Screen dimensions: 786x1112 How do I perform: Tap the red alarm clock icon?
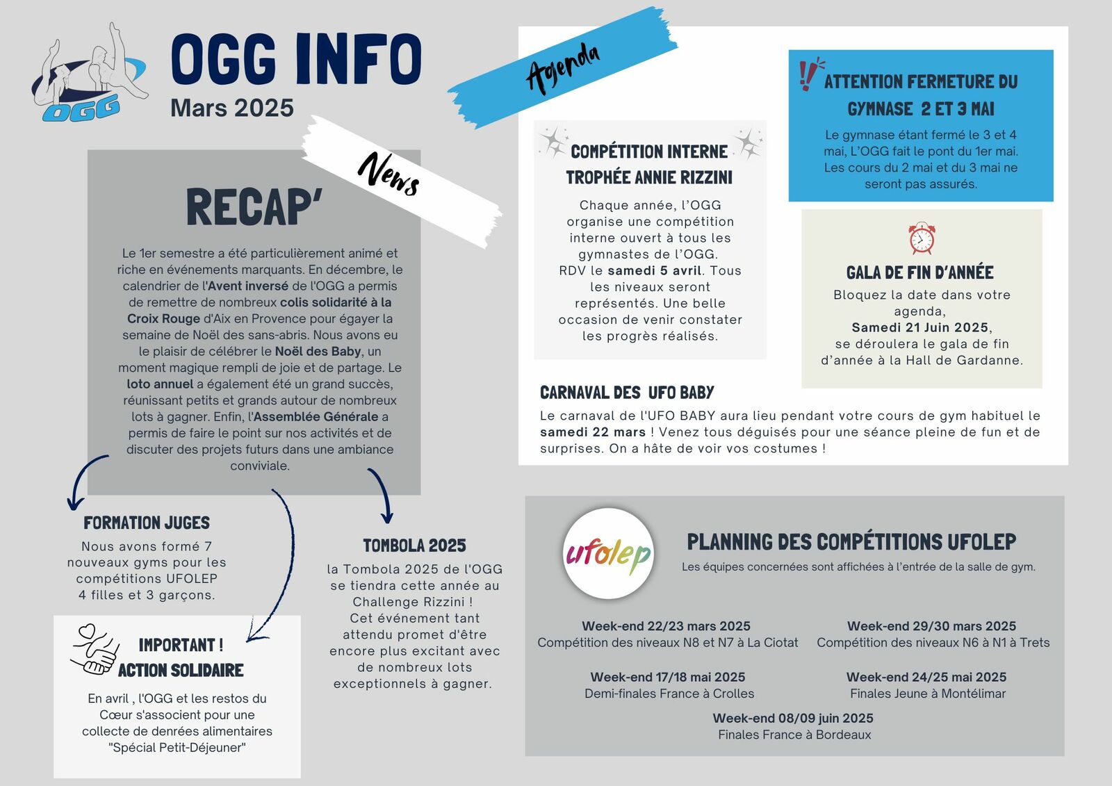point(922,238)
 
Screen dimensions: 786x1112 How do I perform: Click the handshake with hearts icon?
point(95,650)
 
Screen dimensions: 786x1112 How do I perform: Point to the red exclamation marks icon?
point(808,74)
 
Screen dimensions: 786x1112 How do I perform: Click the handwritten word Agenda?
point(563,67)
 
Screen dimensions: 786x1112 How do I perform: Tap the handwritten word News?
point(389,174)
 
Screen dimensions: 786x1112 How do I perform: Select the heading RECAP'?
point(254,207)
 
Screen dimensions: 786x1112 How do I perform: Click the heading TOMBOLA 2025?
point(414,546)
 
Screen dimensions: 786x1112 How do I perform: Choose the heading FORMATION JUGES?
point(147,523)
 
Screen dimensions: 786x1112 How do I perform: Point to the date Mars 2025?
point(232,108)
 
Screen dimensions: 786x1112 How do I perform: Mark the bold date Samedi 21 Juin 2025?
point(920,327)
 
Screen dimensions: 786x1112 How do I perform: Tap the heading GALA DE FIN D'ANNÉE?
point(919,272)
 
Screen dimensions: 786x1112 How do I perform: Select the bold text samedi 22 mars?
point(593,432)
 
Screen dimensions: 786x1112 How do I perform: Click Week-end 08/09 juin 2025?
point(793,718)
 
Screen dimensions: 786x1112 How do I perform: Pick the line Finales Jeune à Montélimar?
point(928,694)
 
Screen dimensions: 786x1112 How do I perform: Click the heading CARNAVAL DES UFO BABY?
point(627,393)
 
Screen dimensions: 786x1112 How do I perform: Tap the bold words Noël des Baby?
point(318,352)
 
